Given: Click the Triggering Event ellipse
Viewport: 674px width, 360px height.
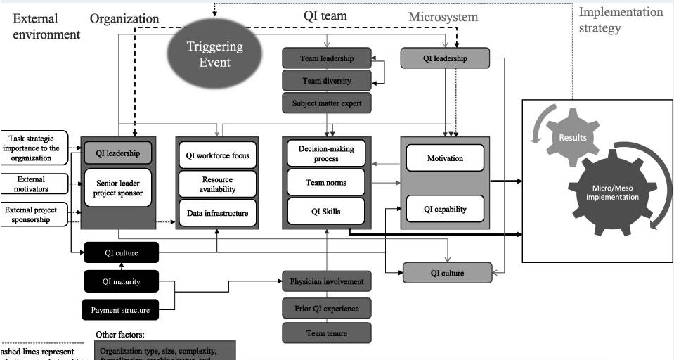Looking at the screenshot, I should click(x=214, y=54).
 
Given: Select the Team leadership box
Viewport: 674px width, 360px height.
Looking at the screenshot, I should click(x=326, y=58).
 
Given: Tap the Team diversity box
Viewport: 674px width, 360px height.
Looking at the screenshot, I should click(x=326, y=81).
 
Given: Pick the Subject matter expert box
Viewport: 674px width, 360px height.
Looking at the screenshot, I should click(x=326, y=103).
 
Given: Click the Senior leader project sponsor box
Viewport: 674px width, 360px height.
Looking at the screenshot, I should click(x=118, y=187).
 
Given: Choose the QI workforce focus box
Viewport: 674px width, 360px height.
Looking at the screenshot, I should click(x=216, y=156).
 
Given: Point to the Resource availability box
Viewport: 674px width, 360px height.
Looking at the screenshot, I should click(x=216, y=185).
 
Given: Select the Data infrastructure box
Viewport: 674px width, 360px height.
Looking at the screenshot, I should click(x=216, y=213).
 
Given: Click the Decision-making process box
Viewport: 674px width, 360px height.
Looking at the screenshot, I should click(x=326, y=153).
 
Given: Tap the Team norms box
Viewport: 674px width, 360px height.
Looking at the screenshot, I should click(x=326, y=183).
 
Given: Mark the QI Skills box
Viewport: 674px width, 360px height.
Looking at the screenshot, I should click(x=326, y=211).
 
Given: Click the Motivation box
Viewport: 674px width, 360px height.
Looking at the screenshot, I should click(x=445, y=158).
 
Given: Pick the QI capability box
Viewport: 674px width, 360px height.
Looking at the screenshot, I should click(x=445, y=209).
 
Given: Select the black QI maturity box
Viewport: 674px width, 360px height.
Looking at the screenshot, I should click(x=121, y=282).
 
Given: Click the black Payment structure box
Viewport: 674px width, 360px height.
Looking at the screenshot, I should click(x=120, y=309).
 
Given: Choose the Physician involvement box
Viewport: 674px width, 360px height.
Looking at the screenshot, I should click(x=326, y=281).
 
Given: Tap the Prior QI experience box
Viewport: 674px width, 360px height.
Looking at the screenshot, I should click(x=326, y=308).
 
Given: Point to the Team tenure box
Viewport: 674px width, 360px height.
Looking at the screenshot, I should click(x=326, y=333).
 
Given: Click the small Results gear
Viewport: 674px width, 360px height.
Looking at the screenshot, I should click(x=572, y=137).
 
